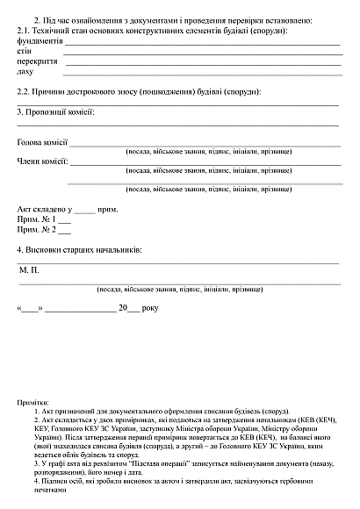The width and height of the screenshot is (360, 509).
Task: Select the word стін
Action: (24, 52)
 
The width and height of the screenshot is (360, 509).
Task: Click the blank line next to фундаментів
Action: (202, 44)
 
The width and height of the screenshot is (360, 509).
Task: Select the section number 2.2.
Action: (24, 92)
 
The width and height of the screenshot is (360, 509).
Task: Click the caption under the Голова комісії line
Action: (208, 152)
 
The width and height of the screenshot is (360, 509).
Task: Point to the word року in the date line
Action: (149, 308)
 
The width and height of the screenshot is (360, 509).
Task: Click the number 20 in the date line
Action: (122, 308)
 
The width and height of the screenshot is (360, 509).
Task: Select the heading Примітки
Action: (32, 400)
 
